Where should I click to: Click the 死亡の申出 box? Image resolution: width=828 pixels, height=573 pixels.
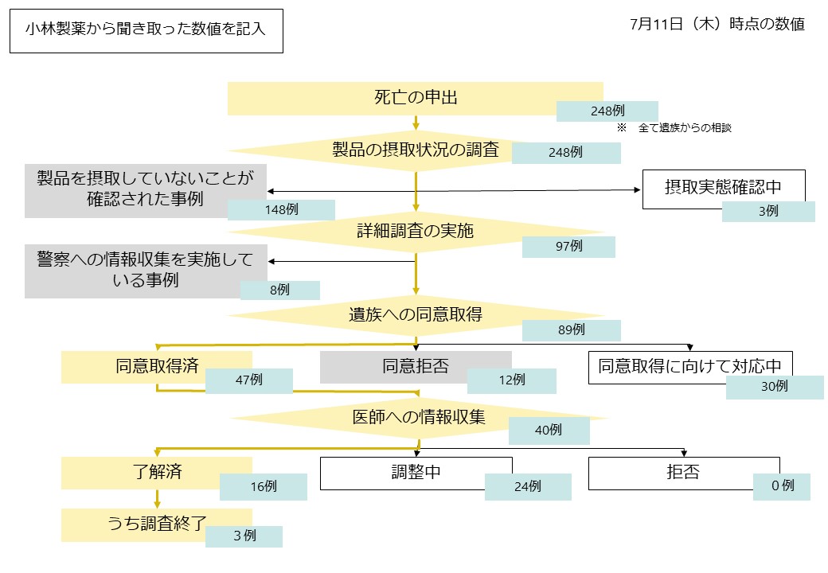coord(415,98)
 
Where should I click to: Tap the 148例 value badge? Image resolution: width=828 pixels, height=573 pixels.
coord(281,209)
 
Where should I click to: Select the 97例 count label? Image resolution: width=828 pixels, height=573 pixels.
coord(568,247)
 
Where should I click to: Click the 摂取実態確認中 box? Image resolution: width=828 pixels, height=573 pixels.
coord(723,189)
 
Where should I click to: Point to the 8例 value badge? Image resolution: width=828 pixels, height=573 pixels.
coord(279,290)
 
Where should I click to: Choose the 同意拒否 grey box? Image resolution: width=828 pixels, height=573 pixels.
coord(415,367)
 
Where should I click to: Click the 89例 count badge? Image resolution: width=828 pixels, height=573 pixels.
coord(571,329)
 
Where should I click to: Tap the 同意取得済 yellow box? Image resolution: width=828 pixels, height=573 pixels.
coord(156,367)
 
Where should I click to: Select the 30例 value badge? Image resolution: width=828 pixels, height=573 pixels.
coord(774,387)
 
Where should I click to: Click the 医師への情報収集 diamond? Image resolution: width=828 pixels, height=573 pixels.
coord(419,416)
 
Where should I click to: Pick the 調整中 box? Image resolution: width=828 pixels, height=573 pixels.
coord(416,473)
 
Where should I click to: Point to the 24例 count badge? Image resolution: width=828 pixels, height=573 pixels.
coord(527,486)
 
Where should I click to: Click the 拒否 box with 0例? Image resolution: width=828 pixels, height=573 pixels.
coord(683,473)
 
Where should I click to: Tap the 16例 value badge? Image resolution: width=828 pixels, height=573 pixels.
coord(263,486)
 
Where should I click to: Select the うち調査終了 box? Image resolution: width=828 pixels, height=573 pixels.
coord(157,524)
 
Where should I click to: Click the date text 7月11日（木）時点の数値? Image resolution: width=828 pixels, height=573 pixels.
coord(717,24)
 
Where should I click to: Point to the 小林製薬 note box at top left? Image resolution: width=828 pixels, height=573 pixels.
coord(146,31)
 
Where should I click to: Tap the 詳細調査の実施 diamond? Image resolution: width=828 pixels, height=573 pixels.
coord(415,232)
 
